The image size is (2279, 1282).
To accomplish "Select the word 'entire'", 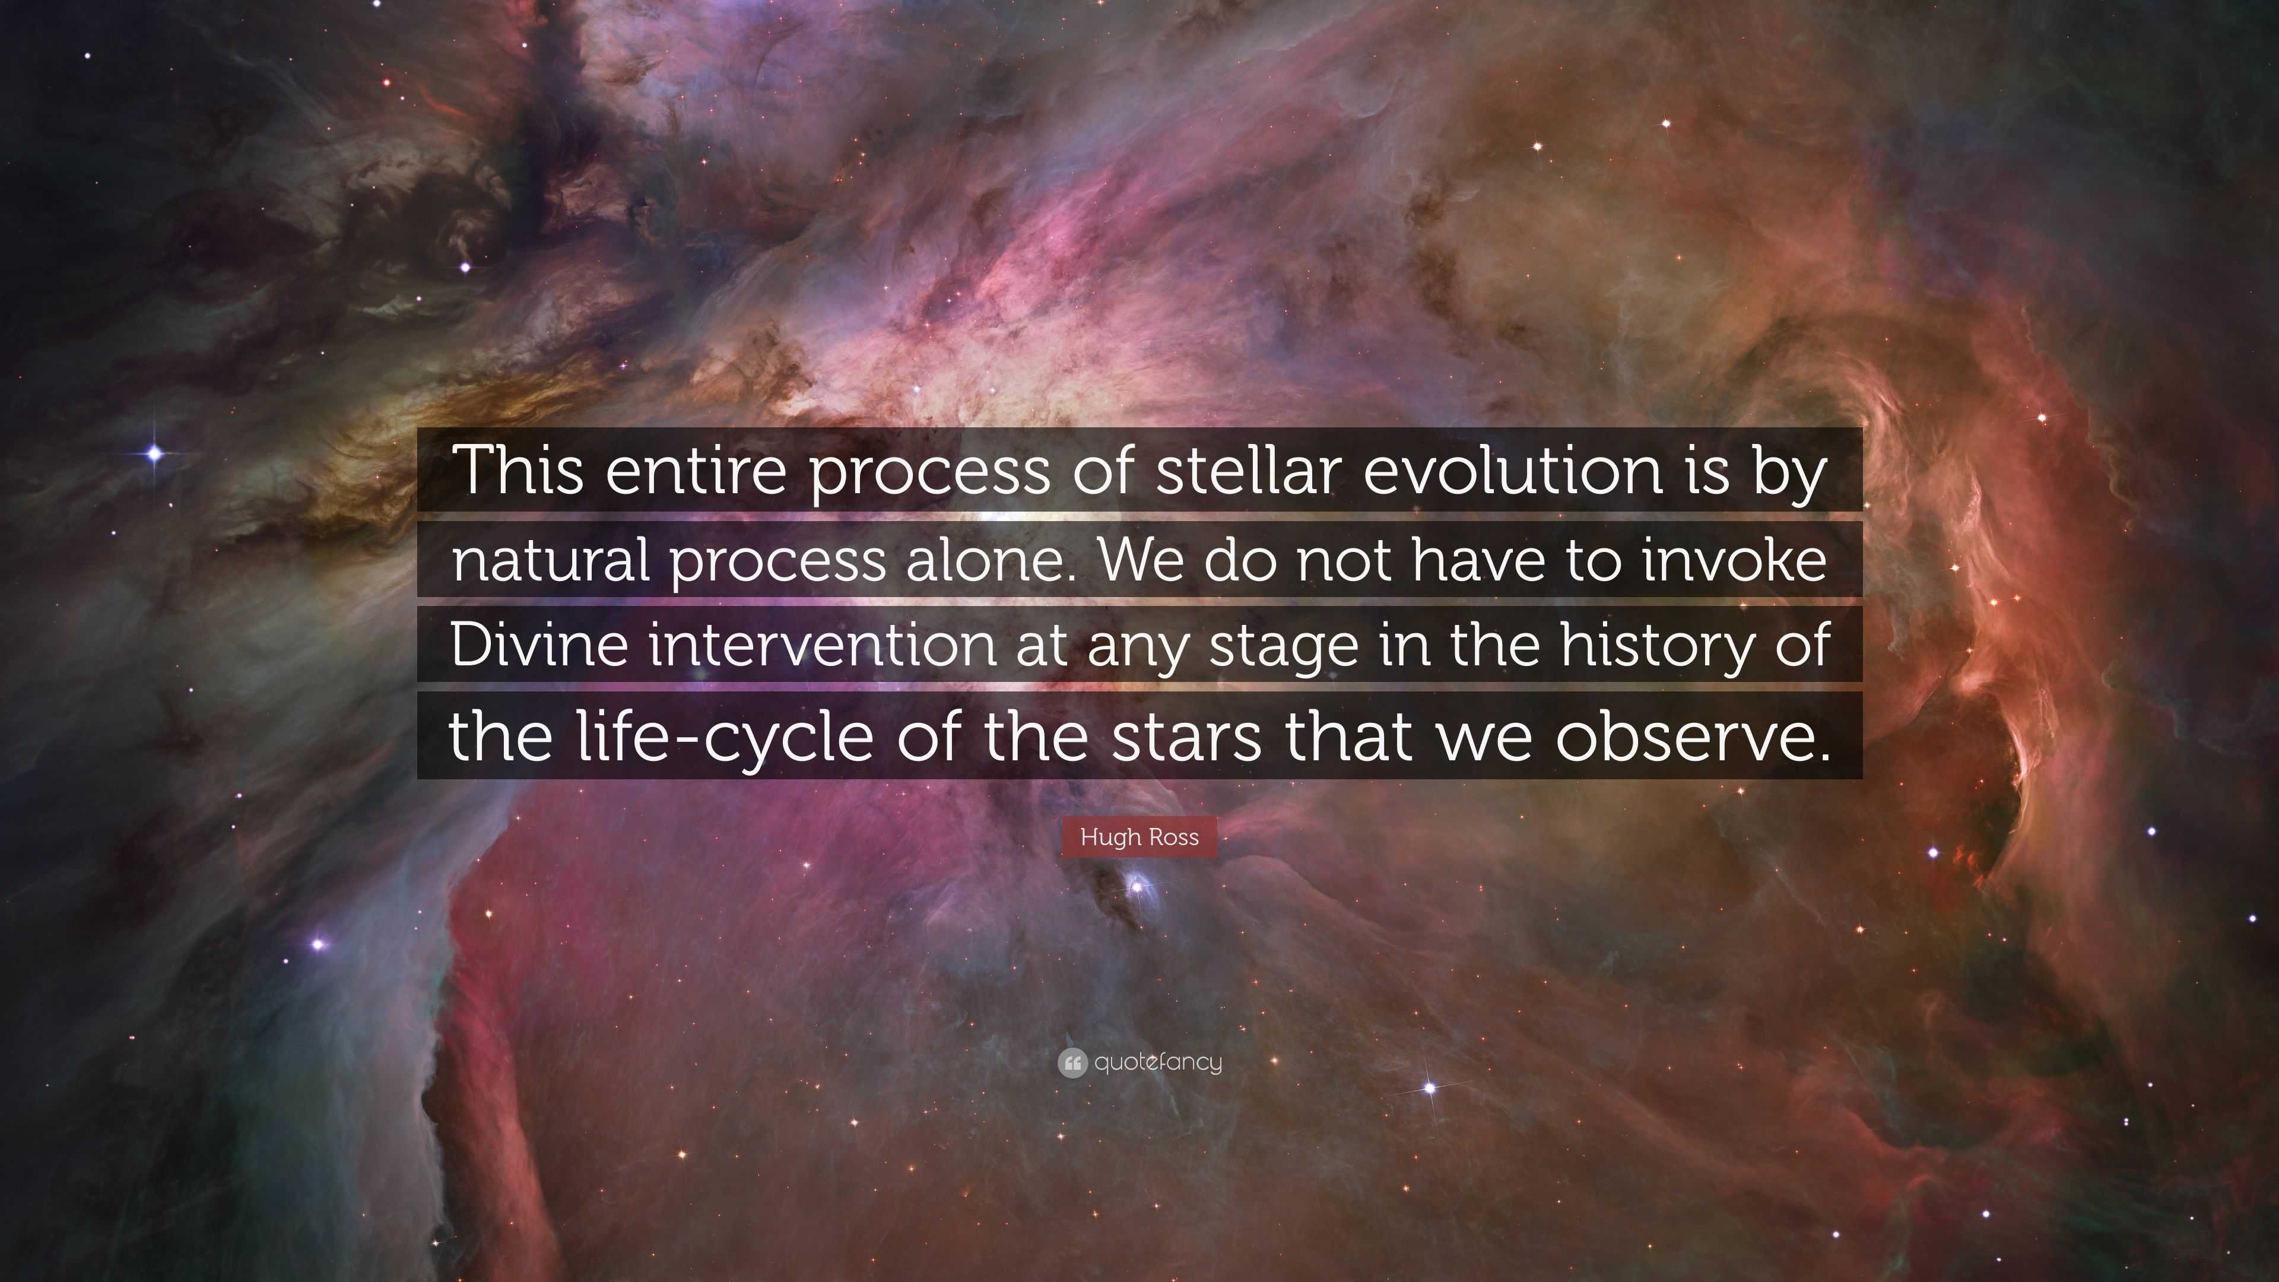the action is point(696,470).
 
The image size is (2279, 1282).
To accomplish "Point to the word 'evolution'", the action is point(1513,470).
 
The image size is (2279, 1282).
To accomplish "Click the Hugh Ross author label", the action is point(1139,837).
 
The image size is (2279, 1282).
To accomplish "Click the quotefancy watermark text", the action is point(1158,1062).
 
